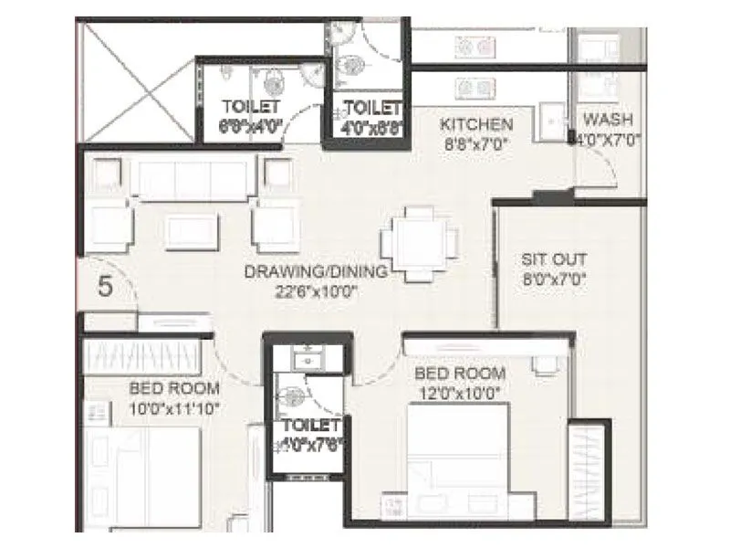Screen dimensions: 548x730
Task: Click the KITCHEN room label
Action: click(x=475, y=124)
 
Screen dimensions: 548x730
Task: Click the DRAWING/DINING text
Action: click(x=316, y=272)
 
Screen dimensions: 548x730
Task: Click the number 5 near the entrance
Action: click(x=106, y=287)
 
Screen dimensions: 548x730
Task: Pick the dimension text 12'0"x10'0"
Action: click(x=460, y=392)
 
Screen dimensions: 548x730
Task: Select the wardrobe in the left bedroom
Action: click(x=141, y=353)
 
